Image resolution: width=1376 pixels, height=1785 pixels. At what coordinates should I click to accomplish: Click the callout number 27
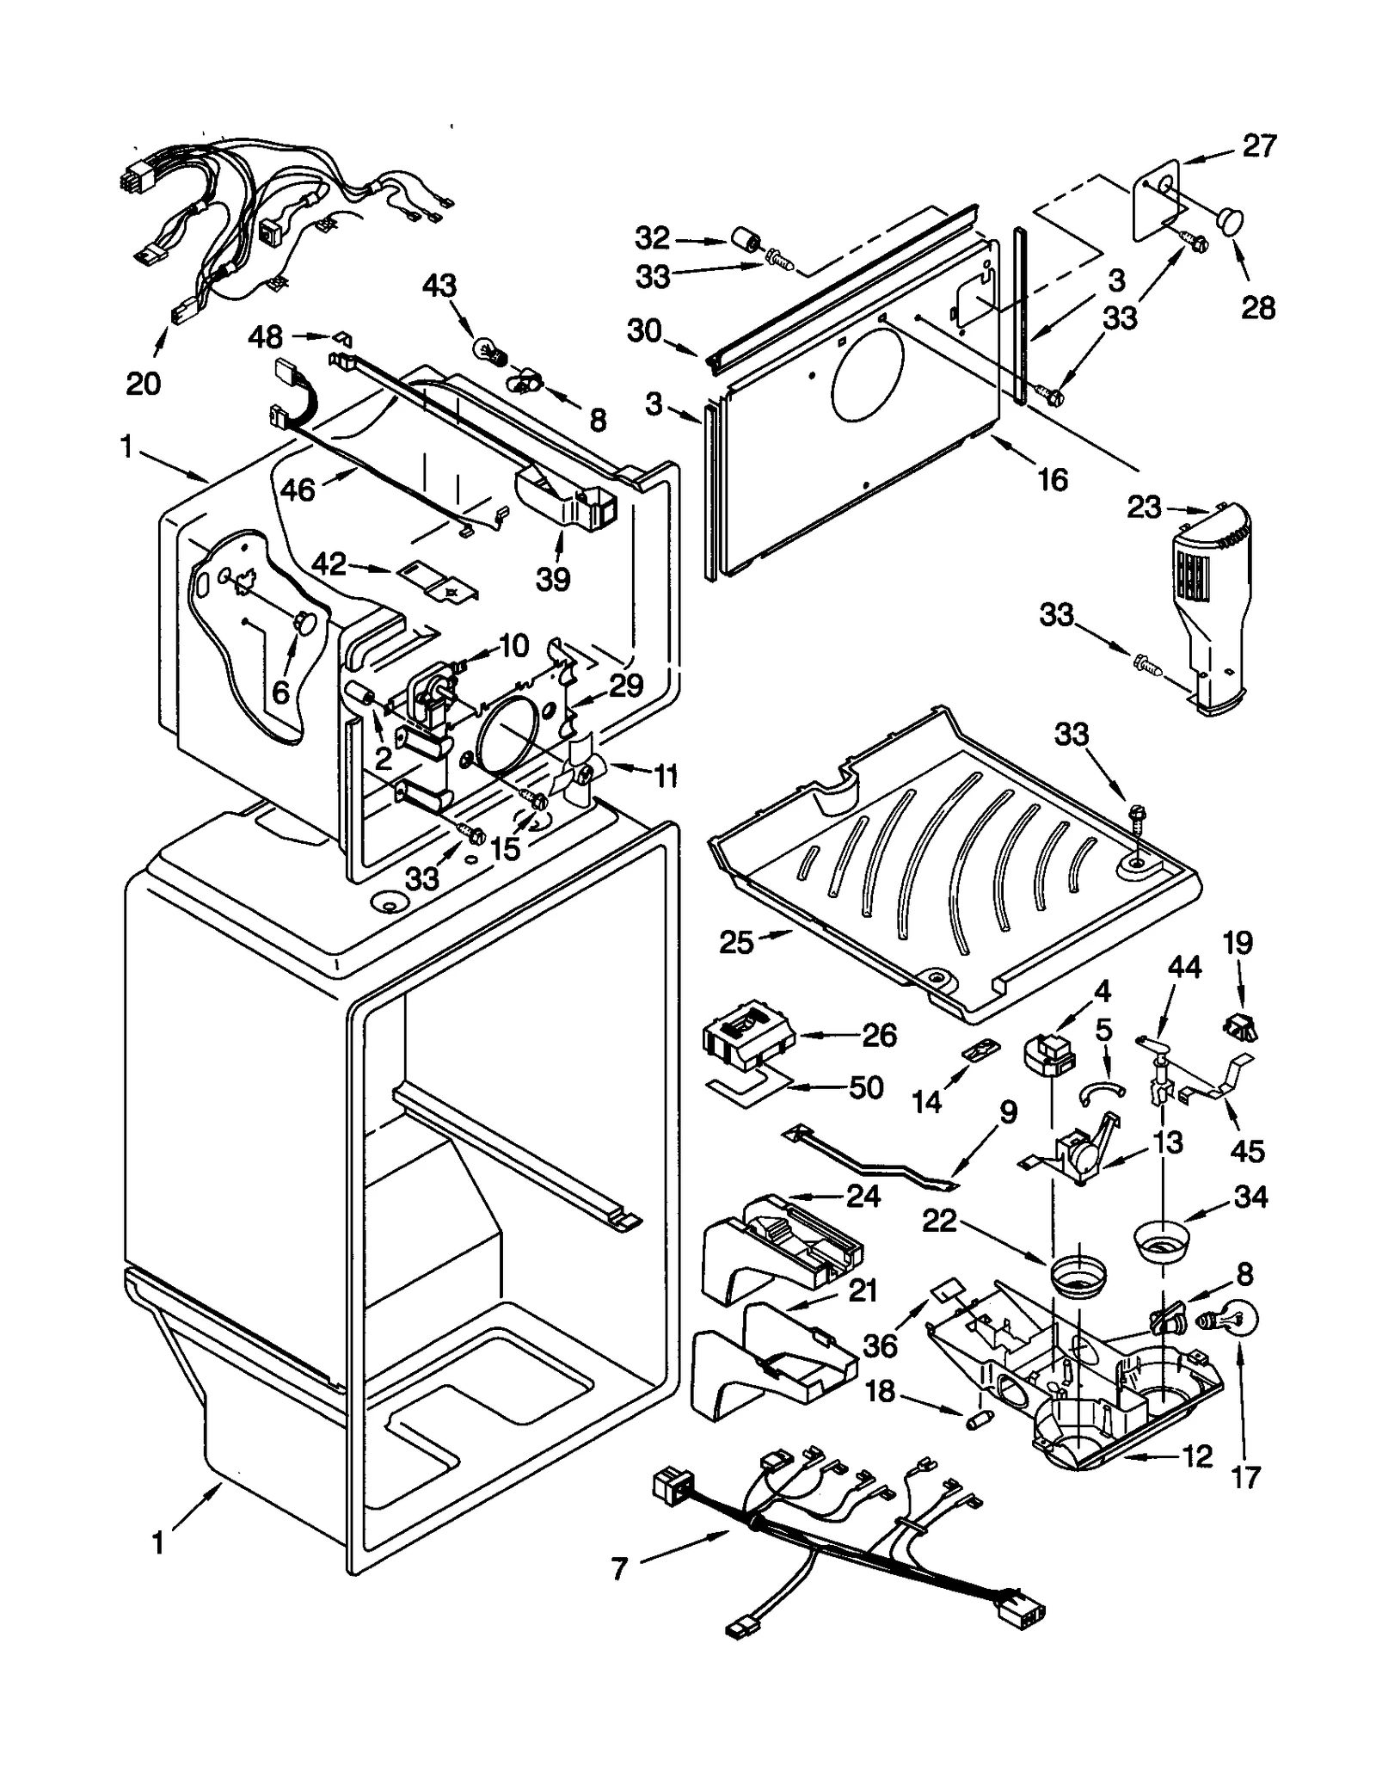(1258, 146)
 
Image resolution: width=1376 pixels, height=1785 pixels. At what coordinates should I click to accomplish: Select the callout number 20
(143, 383)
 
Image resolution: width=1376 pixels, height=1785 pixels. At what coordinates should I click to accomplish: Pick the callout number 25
(736, 943)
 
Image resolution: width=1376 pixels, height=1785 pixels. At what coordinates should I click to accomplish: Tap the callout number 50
(865, 1087)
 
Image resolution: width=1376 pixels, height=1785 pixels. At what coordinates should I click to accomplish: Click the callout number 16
(1052, 479)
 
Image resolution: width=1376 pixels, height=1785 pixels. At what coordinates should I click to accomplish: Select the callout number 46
(298, 489)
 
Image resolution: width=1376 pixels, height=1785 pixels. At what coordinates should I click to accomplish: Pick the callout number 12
(1196, 1456)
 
